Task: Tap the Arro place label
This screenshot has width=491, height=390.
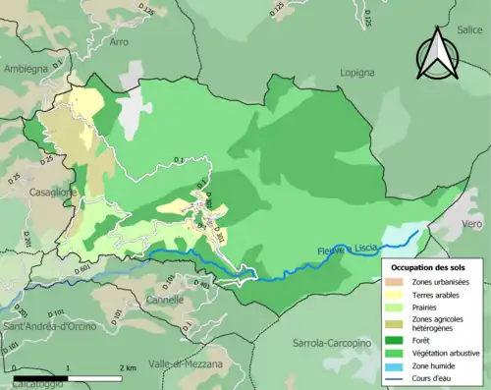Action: click(119, 42)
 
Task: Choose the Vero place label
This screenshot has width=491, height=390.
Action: click(472, 223)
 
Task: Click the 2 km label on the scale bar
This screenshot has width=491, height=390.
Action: click(128, 367)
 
